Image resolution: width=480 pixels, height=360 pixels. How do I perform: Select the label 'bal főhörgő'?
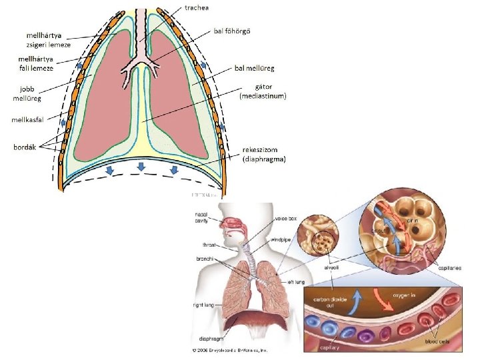coord(231,31)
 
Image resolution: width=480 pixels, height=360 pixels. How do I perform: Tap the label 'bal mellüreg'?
coord(255,68)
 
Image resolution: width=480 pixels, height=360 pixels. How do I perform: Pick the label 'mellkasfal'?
coord(26,121)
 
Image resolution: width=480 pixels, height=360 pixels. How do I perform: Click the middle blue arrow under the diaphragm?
coord(141,167)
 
